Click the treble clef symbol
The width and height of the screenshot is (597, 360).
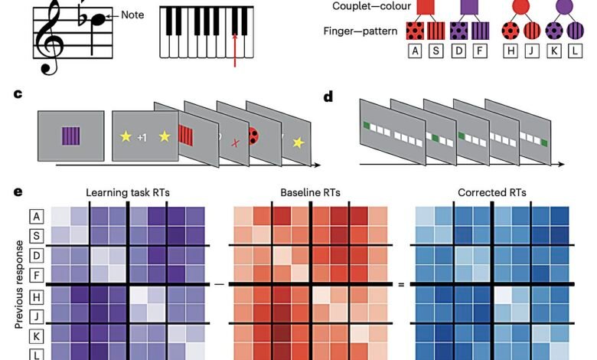click(x=51, y=38)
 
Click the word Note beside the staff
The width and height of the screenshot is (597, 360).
click(x=132, y=15)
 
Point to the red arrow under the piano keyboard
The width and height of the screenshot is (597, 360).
click(x=235, y=50)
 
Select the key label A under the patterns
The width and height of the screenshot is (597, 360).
click(x=415, y=51)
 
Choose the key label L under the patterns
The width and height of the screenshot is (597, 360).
click(x=575, y=51)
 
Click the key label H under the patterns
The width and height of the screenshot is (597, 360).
click(x=511, y=51)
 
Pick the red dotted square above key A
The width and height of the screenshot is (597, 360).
click(x=415, y=31)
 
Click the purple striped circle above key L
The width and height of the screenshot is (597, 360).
click(x=575, y=31)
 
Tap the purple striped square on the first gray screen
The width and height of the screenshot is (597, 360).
click(x=71, y=136)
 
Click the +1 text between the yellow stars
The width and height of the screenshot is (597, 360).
click(x=142, y=138)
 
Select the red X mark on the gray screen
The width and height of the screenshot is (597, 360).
click(x=236, y=143)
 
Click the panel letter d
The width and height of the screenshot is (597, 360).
click(x=328, y=97)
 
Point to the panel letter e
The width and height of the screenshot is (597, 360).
click(x=18, y=191)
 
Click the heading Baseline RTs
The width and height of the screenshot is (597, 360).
click(x=310, y=193)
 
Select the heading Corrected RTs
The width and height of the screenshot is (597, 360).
click(x=492, y=193)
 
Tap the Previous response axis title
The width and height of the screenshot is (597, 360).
click(x=18, y=284)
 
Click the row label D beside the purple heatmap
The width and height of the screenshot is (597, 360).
click(x=37, y=255)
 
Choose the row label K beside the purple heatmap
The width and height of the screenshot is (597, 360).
click(x=37, y=336)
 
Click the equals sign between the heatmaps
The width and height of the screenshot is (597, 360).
click(x=401, y=285)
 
